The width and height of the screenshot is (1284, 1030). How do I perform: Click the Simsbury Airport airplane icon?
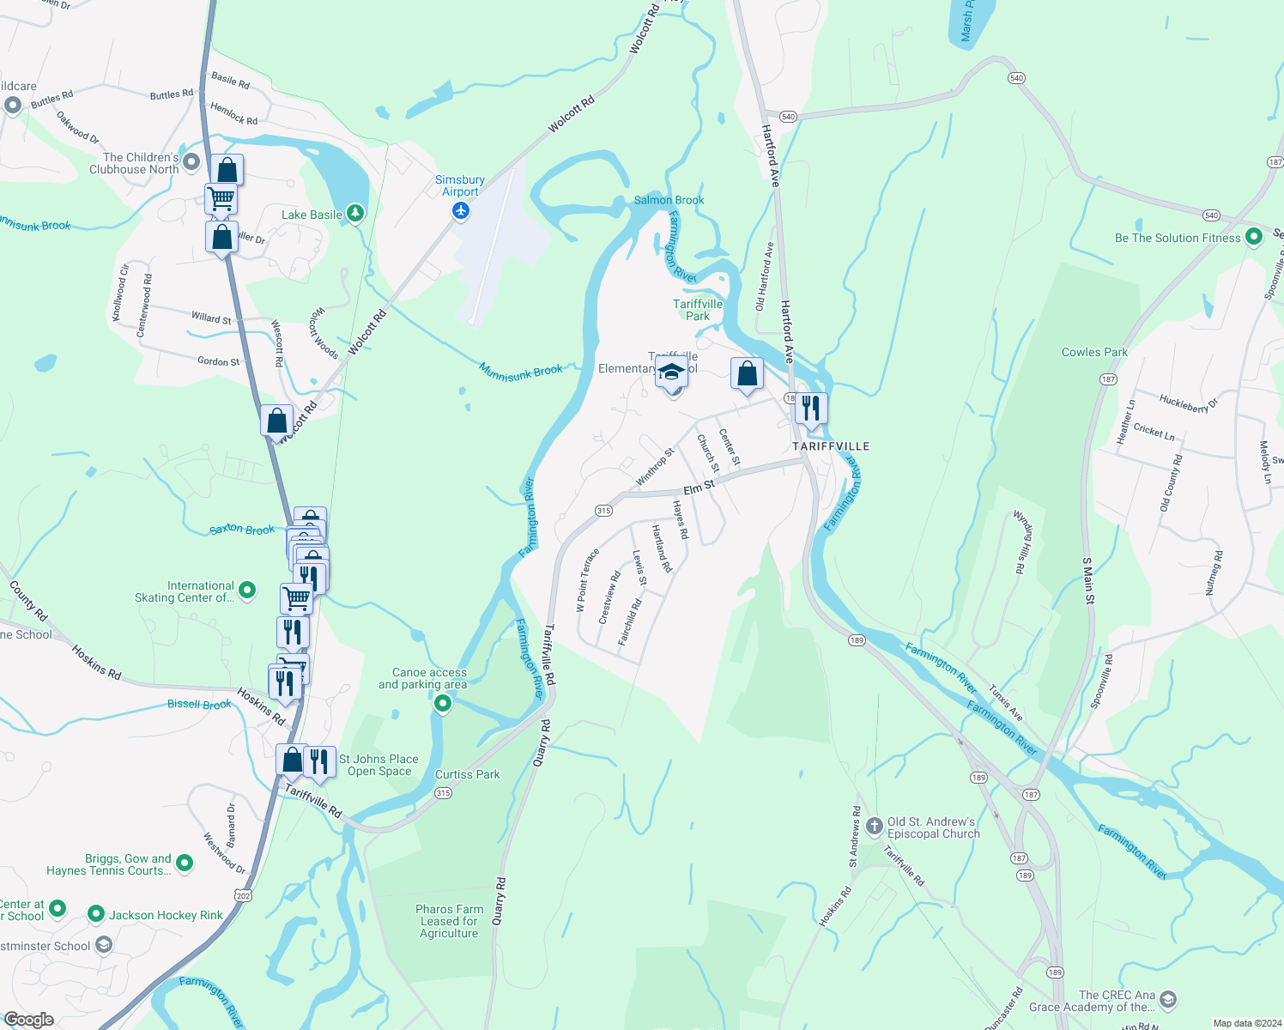pyautogui.click(x=461, y=210)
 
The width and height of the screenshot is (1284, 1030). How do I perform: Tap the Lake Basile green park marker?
pyautogui.click(x=354, y=214)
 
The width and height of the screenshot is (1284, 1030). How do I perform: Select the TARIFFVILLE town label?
pyautogui.click(x=831, y=446)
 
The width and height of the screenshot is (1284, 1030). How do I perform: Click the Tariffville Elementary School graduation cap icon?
pyautogui.click(x=672, y=373)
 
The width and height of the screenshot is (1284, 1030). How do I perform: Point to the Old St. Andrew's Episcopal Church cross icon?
pyautogui.click(x=874, y=827)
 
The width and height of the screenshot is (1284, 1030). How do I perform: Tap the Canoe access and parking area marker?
pyautogui.click(x=443, y=705)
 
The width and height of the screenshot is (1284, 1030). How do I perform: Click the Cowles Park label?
pyautogui.click(x=1094, y=352)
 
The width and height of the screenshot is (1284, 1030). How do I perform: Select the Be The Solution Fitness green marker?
pyautogui.click(x=1253, y=237)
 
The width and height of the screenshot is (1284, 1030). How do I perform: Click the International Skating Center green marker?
pyautogui.click(x=247, y=590)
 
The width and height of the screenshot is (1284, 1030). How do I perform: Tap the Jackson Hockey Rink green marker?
pyautogui.click(x=97, y=915)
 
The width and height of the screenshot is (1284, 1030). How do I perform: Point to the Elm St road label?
pyautogui.click(x=699, y=488)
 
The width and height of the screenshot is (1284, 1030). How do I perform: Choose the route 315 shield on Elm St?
pyautogui.click(x=603, y=511)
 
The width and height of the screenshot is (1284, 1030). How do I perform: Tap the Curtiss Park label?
pyautogui.click(x=467, y=774)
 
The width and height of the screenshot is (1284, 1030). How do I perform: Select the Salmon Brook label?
pyautogui.click(x=669, y=200)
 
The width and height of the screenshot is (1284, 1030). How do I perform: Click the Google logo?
pyautogui.click(x=29, y=1019)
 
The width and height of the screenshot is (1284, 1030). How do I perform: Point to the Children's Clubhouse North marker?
pyautogui.click(x=191, y=161)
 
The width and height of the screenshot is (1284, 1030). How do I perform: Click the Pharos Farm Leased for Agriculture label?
pyautogui.click(x=449, y=921)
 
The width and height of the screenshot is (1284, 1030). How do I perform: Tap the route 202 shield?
pyautogui.click(x=243, y=896)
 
